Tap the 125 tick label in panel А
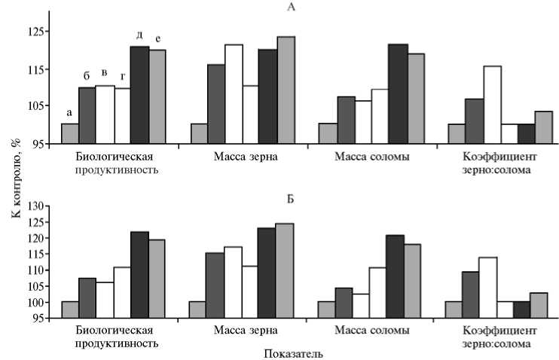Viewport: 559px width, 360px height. point(35,32)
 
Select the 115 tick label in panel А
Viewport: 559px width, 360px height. point(35,69)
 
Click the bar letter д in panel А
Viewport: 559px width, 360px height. point(139,35)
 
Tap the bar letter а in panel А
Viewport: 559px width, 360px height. point(69,112)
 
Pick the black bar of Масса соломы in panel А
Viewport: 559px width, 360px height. point(398,93)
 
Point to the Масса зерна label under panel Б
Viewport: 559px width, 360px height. point(246,331)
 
